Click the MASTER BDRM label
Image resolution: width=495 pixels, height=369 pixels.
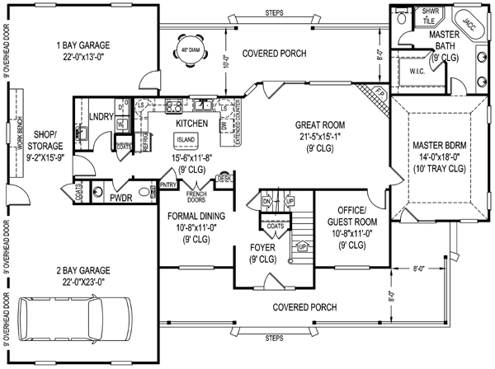[440, 146]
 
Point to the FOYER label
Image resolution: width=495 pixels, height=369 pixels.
[262, 246]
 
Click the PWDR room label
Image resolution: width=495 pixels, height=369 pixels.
[121, 198]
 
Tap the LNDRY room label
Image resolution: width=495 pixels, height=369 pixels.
[101, 116]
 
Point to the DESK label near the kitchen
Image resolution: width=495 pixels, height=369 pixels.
[223, 177]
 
